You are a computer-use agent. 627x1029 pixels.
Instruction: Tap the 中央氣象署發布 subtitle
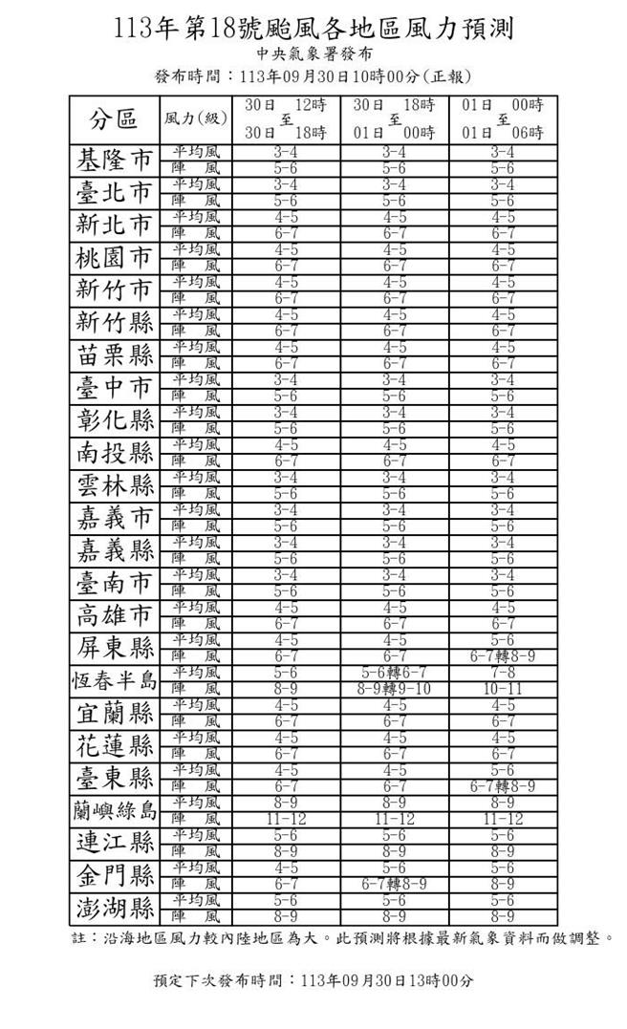pyautogui.click(x=313, y=54)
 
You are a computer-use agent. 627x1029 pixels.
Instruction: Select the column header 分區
pyautogui.click(x=114, y=118)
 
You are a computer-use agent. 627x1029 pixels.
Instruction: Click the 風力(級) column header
pyautogui.click(x=196, y=118)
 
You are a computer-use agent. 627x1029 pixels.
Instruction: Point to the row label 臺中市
pyautogui.click(x=114, y=388)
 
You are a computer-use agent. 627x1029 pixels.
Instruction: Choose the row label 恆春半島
pyautogui.click(x=114, y=680)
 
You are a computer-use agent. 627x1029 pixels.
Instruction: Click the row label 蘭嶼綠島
pyautogui.click(x=114, y=810)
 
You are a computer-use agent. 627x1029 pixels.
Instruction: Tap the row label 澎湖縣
pyautogui.click(x=114, y=908)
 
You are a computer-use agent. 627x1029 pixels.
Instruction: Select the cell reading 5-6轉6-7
pyautogui.click(x=394, y=673)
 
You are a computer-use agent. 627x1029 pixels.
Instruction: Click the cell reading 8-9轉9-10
pyautogui.click(x=394, y=688)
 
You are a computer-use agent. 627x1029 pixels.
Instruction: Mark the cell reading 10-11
pyautogui.click(x=503, y=688)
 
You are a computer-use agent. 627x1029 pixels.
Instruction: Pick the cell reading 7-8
pyautogui.click(x=503, y=673)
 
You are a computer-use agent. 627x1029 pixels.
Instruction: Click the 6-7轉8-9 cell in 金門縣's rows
pyautogui.click(x=394, y=884)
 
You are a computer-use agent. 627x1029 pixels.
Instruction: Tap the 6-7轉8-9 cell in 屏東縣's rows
pyautogui.click(x=503, y=656)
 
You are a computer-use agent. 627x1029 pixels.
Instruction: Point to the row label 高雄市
pyautogui.click(x=114, y=615)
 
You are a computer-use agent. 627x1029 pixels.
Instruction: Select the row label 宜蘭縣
pyautogui.click(x=114, y=713)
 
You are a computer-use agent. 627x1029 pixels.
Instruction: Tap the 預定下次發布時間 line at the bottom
pyautogui.click(x=313, y=980)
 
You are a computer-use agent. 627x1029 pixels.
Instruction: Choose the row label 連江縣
pyautogui.click(x=114, y=843)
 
